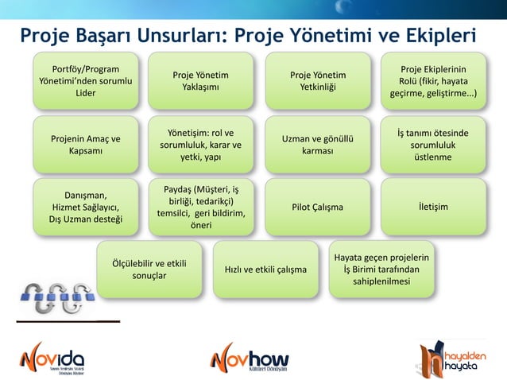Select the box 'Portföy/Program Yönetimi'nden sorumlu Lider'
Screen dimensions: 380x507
point(81,80)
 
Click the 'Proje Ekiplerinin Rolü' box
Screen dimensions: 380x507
point(433,80)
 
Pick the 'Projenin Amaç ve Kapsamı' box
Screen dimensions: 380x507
point(81,145)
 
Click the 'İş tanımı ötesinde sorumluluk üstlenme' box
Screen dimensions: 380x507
point(433,145)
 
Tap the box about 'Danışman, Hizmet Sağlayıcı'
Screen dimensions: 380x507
point(81,207)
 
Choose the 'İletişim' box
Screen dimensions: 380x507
point(433,207)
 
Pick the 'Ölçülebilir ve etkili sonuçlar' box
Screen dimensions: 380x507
point(149,269)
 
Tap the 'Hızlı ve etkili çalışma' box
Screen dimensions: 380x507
point(265,269)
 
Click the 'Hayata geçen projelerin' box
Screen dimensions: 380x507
point(382,269)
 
